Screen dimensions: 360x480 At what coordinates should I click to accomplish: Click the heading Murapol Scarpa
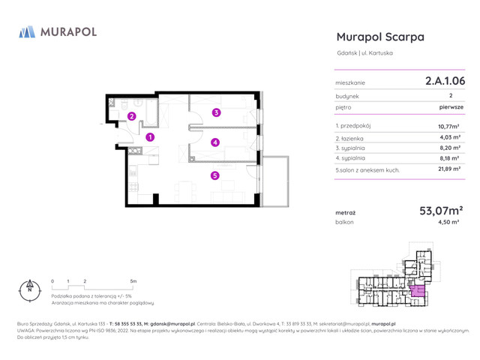pos(380,37)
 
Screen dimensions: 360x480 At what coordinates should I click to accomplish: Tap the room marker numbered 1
pos(150,137)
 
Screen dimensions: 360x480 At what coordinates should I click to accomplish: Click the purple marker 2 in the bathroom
pos(131,116)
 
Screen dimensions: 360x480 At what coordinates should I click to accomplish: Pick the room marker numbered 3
pos(216,113)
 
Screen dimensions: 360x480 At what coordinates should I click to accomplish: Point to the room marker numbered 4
pos(215,142)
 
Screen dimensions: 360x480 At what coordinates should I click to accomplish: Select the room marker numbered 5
pos(214,176)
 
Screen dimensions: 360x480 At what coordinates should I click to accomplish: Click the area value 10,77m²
pos(448,127)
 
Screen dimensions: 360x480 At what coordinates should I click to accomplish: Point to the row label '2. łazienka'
pos(351,138)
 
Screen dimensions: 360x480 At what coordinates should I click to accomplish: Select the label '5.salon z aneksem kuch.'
pos(367,170)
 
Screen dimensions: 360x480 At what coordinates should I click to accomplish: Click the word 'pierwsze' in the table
pos(451,107)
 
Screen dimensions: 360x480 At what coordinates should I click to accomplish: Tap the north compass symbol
pos(29,288)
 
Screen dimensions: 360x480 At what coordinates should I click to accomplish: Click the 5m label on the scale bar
pos(133,281)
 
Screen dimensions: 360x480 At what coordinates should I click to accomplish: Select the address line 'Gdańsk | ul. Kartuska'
pos(364,53)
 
